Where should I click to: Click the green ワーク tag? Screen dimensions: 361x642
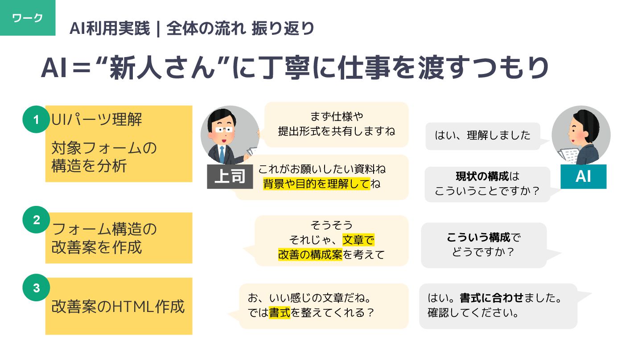click(28, 18)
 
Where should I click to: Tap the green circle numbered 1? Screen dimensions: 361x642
click(36, 119)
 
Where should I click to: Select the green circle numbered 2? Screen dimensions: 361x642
click(36, 220)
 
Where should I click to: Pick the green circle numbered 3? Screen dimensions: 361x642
click(36, 288)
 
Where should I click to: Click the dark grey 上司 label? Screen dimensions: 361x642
click(229, 177)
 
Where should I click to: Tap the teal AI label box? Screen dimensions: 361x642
click(583, 176)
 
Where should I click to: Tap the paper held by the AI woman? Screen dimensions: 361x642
click(568, 156)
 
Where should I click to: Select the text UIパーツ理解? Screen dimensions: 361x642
click(97, 119)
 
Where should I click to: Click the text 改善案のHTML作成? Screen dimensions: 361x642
click(118, 307)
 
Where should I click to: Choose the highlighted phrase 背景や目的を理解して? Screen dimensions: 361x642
click(317, 184)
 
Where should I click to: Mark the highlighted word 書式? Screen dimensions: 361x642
click(280, 312)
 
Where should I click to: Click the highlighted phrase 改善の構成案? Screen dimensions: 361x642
click(310, 254)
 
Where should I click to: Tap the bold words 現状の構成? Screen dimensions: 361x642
click(482, 176)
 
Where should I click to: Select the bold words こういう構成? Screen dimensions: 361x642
click(478, 238)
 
